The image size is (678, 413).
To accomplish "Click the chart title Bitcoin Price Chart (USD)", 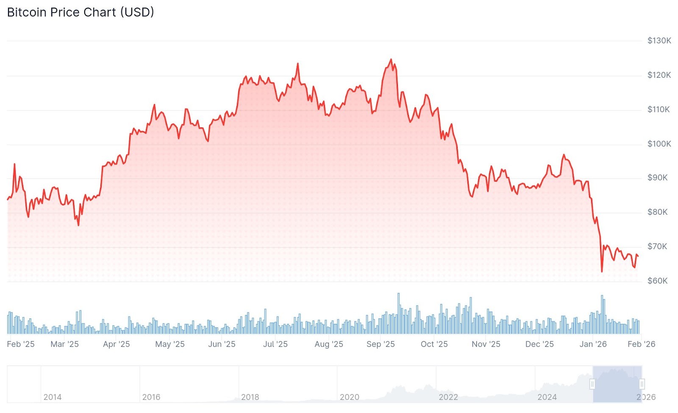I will (81, 12).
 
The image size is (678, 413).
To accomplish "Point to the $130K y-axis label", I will (659, 41).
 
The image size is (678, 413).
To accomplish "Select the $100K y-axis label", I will (659, 144).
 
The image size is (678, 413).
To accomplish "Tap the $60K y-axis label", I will (657, 281).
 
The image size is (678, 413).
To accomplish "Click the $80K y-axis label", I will (657, 212).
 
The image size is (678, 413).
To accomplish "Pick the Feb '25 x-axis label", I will (21, 344).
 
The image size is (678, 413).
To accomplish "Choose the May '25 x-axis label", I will (169, 344).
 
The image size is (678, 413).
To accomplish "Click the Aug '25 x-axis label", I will (329, 344).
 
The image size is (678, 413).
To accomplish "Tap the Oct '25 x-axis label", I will (434, 344).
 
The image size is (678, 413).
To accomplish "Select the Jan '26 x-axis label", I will (593, 344).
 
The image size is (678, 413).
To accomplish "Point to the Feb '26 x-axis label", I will (641, 344).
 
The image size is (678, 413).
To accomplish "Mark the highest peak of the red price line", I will (391, 60).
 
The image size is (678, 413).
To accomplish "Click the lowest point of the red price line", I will (602, 271).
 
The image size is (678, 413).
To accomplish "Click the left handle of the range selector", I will (592, 384).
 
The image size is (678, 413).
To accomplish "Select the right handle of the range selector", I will (642, 384).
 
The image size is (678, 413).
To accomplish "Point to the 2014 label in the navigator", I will (53, 397).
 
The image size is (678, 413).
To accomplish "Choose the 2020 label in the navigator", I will (349, 397).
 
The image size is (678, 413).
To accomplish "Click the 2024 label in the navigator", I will (547, 397).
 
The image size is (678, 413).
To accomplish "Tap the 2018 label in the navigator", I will (250, 397).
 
